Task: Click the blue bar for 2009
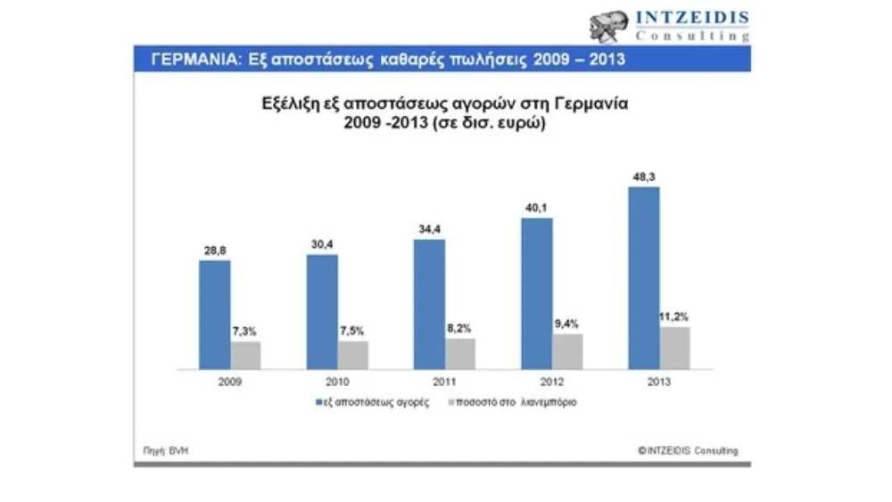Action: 214,315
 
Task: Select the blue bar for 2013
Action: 644,277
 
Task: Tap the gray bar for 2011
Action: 460,353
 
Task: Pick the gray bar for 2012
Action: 567,351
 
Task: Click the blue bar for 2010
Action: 322,312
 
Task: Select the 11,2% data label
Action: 675,317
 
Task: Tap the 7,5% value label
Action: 353,332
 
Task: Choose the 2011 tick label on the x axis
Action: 443,381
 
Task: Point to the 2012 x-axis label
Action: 551,381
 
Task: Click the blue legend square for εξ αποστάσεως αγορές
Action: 320,402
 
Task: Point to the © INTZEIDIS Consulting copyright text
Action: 688,450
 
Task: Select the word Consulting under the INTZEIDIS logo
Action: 691,36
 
